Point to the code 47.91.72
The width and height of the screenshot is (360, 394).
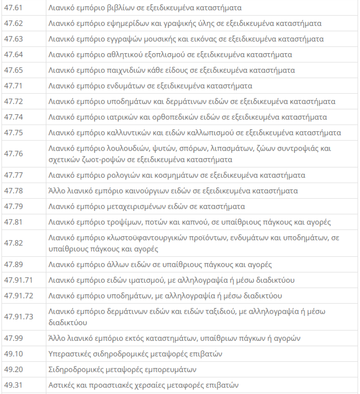18,296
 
